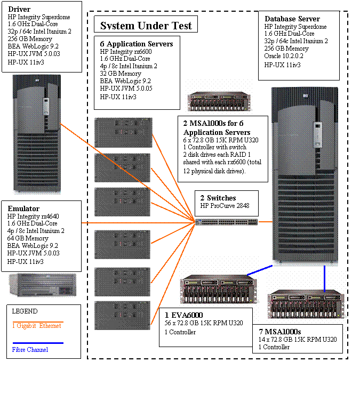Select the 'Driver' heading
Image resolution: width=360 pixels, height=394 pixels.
(x=20, y=9)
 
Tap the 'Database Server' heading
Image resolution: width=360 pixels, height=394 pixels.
(x=292, y=19)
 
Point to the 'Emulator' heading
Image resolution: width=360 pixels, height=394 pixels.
(x=24, y=208)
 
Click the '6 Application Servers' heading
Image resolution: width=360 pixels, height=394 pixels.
(x=137, y=44)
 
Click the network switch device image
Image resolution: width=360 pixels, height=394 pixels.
(x=227, y=222)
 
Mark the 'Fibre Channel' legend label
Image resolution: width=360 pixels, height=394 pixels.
(x=30, y=350)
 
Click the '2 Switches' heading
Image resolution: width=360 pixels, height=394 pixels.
(x=218, y=198)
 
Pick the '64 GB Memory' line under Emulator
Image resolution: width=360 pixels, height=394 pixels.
(x=28, y=238)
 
